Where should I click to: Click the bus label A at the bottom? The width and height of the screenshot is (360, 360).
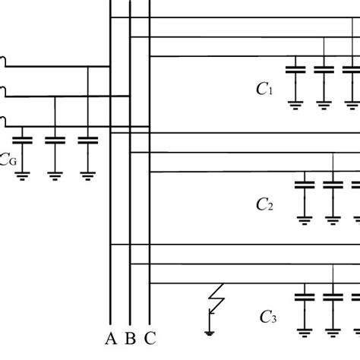[111, 339]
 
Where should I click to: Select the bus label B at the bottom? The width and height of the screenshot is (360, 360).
[130, 339]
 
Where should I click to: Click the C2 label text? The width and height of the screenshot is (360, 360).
[264, 204]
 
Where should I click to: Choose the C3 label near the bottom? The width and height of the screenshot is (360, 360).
[268, 317]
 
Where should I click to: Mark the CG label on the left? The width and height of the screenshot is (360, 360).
[8, 160]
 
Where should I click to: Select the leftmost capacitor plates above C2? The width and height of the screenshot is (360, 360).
[305, 184]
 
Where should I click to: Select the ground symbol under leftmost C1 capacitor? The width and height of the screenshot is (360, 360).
[295, 104]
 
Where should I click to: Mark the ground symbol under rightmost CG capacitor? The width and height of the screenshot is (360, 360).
[89, 175]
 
